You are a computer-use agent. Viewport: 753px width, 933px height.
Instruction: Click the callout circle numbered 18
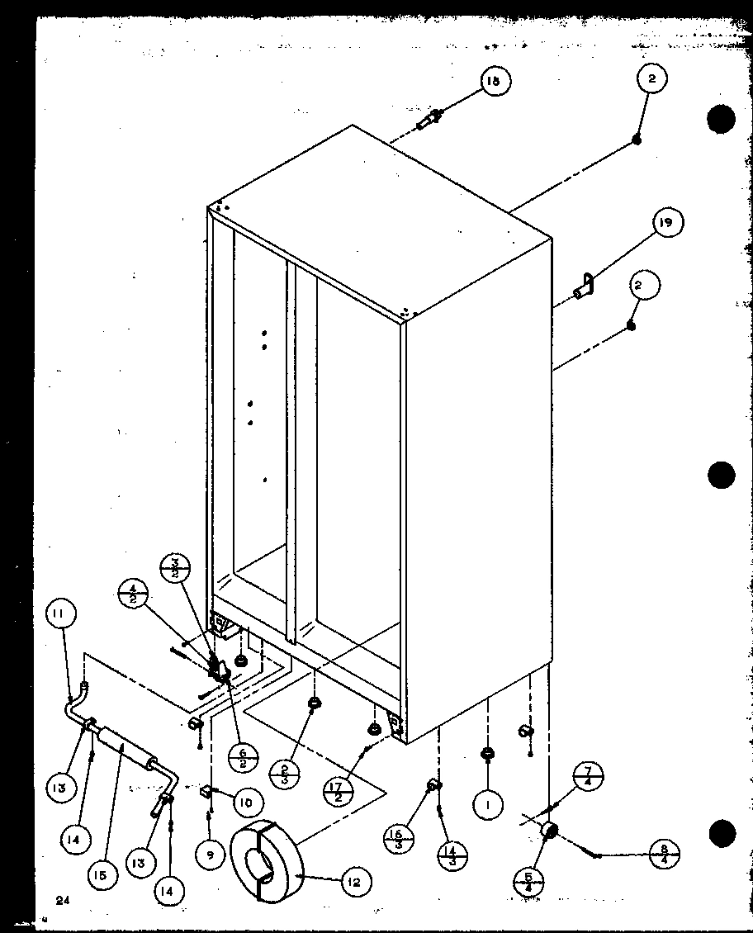pyautogui.click(x=493, y=81)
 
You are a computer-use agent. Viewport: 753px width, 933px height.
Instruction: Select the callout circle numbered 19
pyautogui.click(x=670, y=223)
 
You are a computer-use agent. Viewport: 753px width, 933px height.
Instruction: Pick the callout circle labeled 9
pyautogui.click(x=210, y=855)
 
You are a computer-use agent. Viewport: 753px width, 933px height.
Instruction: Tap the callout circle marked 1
pyautogui.click(x=488, y=803)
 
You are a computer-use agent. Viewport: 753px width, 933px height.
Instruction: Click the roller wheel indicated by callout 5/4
pyautogui.click(x=548, y=831)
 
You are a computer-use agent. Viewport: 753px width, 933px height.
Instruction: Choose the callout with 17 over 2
pyautogui.click(x=339, y=791)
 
